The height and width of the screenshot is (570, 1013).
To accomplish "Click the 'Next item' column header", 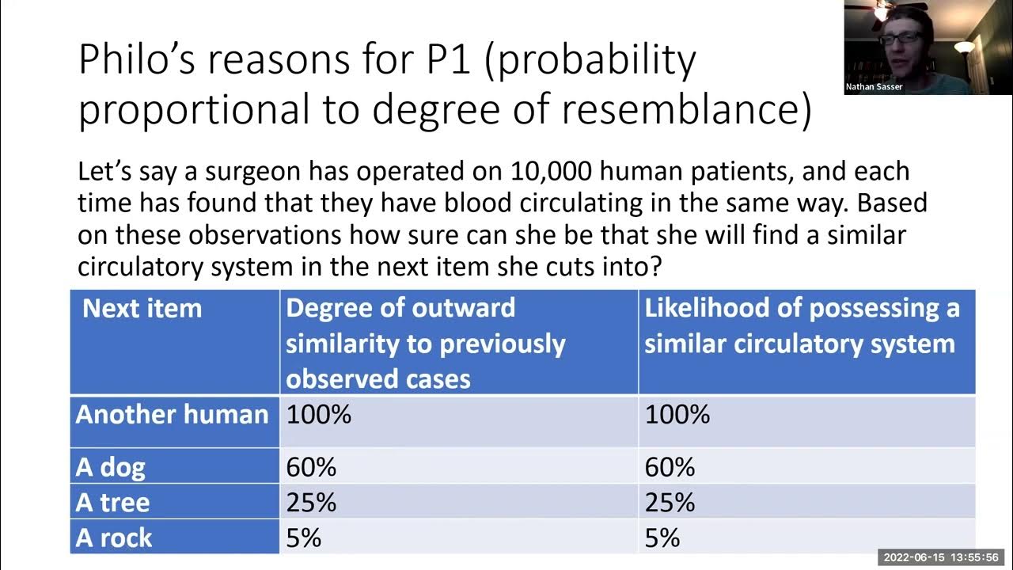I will coord(142,308).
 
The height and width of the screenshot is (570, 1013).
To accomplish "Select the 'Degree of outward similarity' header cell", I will coord(426,344).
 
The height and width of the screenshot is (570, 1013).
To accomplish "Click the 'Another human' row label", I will coord(172,415).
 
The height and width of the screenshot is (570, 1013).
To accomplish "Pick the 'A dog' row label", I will coord(111,467).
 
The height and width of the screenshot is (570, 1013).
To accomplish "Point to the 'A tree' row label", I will coord(112,503).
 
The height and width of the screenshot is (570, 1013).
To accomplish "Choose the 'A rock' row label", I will coord(114,538).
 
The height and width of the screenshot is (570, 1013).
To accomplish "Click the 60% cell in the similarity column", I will coord(311,467).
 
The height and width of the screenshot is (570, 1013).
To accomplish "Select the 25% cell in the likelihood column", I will coord(670,503).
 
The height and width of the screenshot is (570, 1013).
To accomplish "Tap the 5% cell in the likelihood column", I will coord(662,538).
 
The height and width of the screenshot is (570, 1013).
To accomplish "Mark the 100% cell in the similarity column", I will coord(318,415).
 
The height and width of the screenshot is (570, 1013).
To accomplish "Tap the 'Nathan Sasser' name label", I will coord(875,87).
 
